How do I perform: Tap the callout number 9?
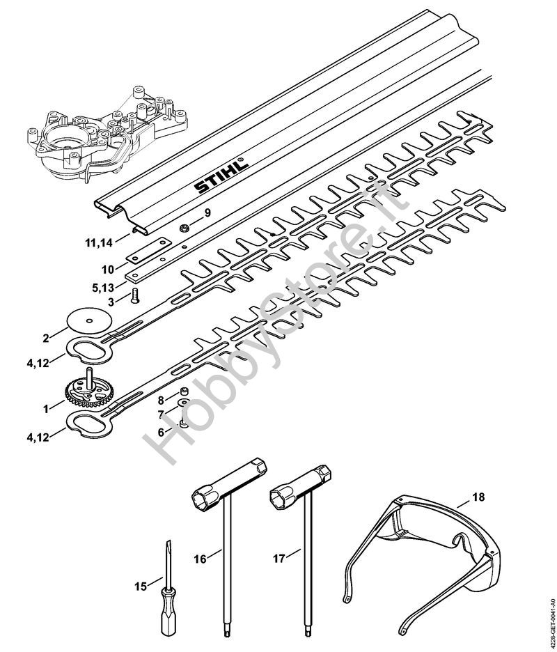click(x=207, y=213)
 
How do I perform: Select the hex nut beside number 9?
click(x=184, y=228)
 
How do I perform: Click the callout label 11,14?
click(x=99, y=243)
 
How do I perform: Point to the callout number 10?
click(x=108, y=270)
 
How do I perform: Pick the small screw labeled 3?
click(x=135, y=297)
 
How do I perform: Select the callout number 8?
click(x=161, y=401)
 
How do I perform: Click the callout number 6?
click(x=161, y=433)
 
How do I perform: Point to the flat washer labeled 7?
click(x=183, y=403)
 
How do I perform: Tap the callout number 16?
click(x=200, y=559)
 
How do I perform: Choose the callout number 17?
click(x=279, y=558)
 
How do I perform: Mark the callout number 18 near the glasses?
click(x=478, y=497)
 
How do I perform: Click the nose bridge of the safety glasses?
click(x=458, y=541)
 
